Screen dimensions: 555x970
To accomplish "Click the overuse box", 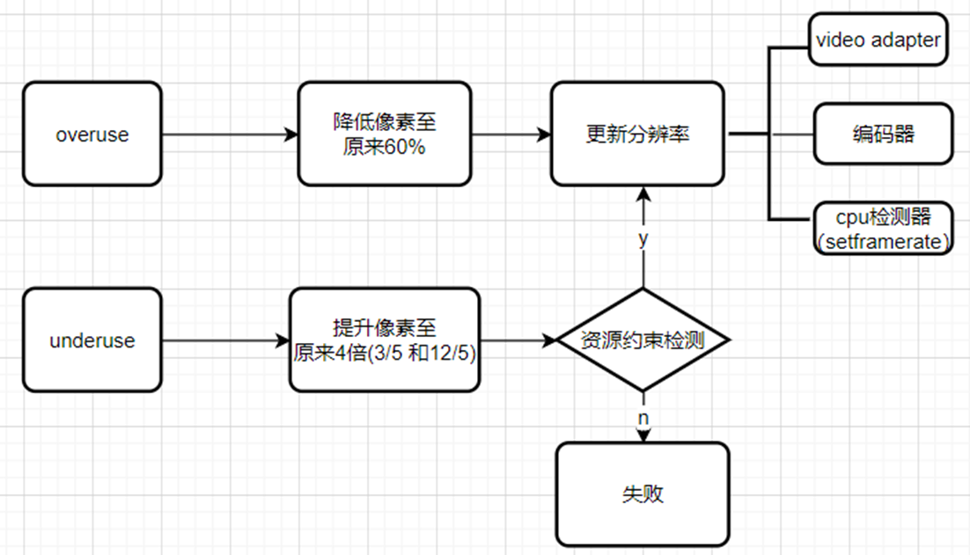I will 92,135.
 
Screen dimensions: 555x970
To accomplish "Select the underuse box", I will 92,340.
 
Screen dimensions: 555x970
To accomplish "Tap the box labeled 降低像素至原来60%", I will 384,135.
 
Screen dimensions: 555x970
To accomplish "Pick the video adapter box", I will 878,40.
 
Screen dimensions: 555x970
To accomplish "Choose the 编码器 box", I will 883,134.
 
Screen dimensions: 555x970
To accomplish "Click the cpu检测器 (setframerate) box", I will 883,228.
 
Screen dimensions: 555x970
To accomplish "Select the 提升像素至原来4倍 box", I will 385,340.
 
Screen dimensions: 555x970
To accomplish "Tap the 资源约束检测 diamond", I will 643,340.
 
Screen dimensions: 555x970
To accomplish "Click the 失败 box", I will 643,493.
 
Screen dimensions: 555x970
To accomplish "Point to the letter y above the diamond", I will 643,238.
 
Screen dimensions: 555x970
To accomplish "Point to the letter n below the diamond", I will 643,418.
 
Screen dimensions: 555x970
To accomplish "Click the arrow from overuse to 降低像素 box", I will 229,135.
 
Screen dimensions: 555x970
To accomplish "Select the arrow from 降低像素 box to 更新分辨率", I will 511,135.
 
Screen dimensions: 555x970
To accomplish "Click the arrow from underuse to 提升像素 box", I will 224,340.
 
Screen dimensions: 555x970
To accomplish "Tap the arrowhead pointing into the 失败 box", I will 643,436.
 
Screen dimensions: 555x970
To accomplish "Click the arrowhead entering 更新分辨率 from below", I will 643,192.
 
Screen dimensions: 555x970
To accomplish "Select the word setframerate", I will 884,241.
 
